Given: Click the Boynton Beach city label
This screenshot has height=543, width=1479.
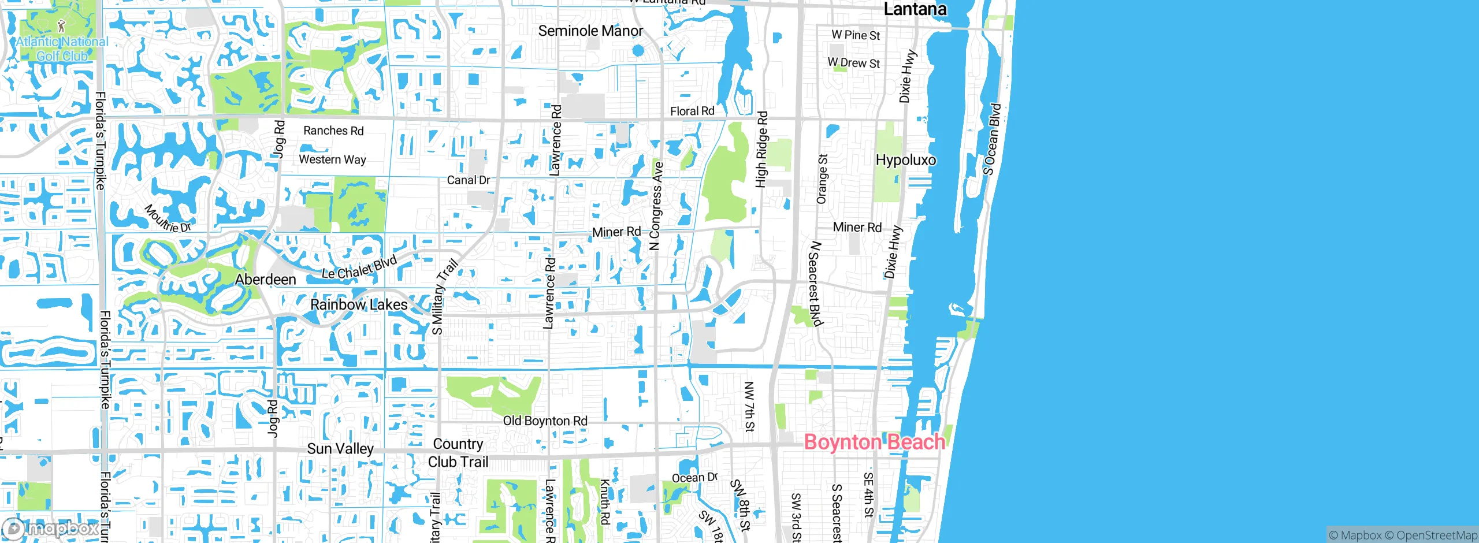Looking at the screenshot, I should pos(874,442).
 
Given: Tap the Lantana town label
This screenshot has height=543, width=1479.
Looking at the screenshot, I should pos(915,9).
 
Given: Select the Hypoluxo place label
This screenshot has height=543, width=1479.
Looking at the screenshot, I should pos(905,160).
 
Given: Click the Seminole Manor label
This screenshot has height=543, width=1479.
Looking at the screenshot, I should pos(590,31).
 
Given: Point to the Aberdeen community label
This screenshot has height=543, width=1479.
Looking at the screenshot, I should pos(266,280).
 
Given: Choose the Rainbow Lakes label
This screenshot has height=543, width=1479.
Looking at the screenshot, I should pos(359,304).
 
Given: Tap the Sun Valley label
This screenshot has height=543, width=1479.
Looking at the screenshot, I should pos(340,449).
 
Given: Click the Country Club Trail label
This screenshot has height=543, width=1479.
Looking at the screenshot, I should pos(458,453).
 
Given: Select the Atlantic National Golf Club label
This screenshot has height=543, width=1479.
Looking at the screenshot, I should pos(62,49).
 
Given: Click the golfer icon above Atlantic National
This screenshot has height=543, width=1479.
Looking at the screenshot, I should pos(62,25).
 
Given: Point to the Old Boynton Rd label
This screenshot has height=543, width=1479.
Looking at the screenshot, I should pos(545,421).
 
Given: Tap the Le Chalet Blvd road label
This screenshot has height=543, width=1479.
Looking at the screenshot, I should pos(359,267).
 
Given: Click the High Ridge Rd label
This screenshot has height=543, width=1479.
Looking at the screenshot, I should pos(762,149).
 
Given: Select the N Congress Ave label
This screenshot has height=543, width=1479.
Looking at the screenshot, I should pos(656,206).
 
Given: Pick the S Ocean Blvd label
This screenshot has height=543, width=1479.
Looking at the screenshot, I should pos(992,139).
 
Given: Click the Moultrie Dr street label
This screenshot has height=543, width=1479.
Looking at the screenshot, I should pos(168,218).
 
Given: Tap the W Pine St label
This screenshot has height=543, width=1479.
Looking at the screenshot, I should pos(856,35).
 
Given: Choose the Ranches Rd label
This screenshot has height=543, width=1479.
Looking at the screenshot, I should pos(333,131).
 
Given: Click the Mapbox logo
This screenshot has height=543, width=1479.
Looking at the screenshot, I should pos(51,528).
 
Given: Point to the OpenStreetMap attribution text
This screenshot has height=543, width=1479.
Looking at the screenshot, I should pos(1436,535).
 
